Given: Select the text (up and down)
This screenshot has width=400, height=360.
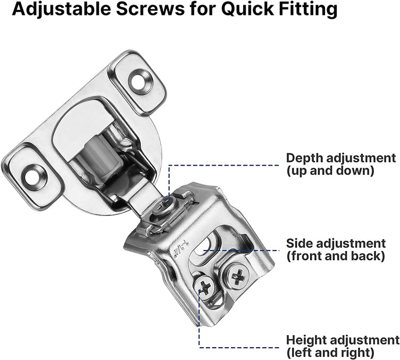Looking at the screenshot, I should coord(330,170).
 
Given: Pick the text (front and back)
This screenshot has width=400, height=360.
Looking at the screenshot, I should coord(336,255).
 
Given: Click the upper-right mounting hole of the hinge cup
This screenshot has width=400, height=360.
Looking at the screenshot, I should coord(137,81).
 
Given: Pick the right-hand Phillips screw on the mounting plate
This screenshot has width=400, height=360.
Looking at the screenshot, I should coord(238,277).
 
